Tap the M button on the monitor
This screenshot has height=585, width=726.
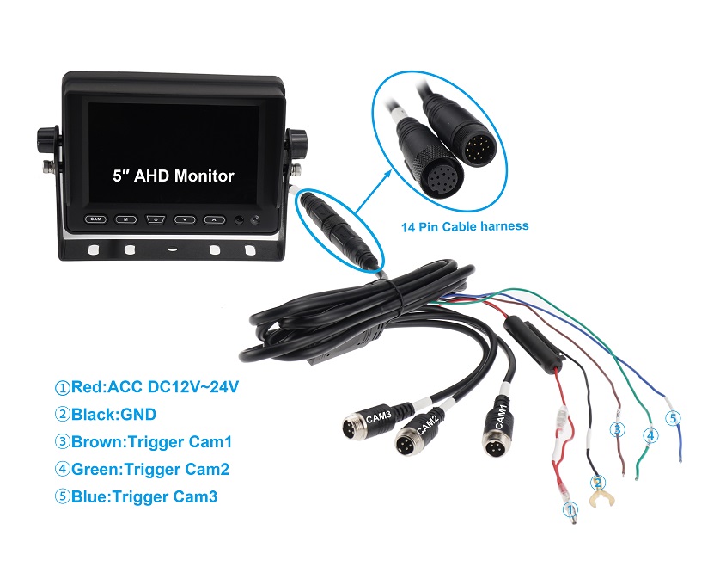125,219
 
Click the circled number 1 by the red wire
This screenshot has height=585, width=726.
568,510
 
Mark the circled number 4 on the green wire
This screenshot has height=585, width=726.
650,435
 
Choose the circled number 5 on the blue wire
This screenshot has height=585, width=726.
673,418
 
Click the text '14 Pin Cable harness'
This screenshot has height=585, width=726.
465,227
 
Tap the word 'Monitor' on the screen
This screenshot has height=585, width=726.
204,175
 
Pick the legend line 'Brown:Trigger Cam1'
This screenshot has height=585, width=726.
143,442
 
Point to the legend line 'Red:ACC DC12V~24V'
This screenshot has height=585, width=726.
146,387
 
